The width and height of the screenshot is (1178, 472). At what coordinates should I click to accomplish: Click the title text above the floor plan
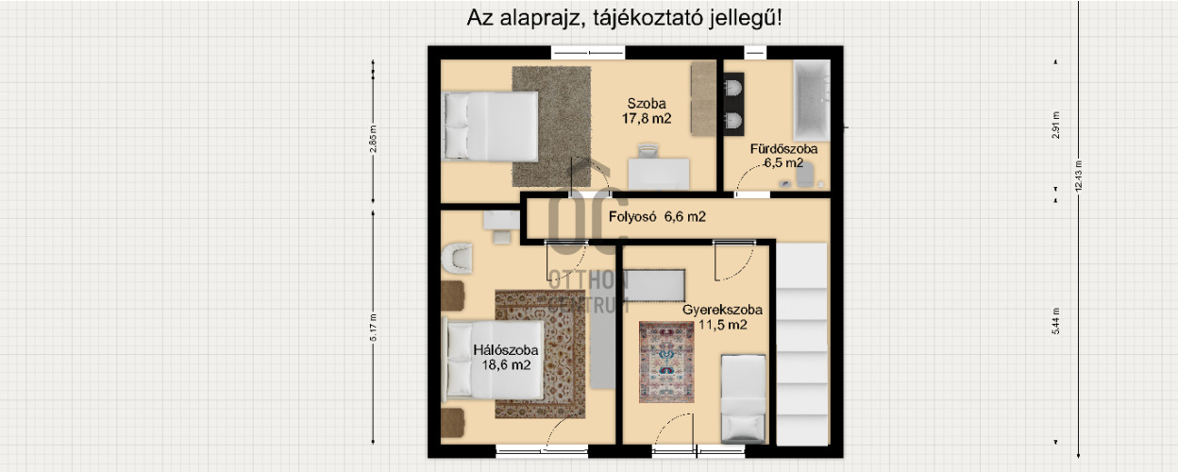[624, 18]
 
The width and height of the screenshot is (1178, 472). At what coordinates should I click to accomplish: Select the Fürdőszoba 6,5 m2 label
[783, 156]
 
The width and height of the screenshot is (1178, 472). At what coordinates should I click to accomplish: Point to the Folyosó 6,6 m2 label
[657, 217]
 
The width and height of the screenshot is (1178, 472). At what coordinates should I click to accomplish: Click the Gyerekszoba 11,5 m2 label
[722, 317]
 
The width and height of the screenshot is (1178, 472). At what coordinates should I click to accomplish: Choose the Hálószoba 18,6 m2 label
[505, 358]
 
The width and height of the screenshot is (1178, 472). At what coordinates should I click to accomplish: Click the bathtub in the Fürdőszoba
[812, 98]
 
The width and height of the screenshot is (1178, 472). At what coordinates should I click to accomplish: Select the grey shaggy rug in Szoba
[551, 114]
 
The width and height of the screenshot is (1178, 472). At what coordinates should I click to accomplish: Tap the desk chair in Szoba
[648, 152]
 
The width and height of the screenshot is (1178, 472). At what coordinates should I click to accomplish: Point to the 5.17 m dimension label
[374, 326]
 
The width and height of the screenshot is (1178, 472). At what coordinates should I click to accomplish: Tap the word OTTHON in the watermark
[588, 278]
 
